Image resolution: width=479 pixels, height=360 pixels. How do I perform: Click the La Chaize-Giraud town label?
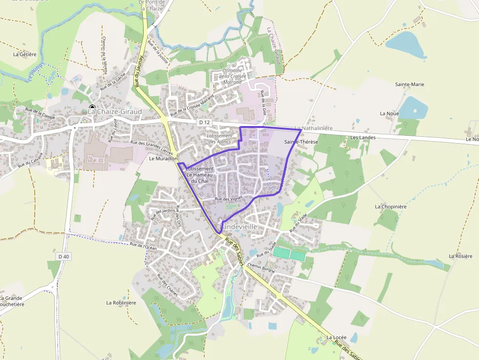click(x=115, y=111)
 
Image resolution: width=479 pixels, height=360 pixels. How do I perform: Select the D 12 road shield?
click(x=204, y=122)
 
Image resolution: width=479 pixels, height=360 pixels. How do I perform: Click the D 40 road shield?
click(x=64, y=256)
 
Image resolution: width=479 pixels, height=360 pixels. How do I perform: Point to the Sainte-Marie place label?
click(x=410, y=85)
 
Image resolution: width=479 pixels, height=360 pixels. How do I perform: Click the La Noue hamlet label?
click(x=389, y=113)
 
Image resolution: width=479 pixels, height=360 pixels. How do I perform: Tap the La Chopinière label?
click(x=391, y=207)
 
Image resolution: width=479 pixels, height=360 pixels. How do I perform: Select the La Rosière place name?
click(x=460, y=256)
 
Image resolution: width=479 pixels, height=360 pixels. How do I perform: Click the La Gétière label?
click(x=25, y=54)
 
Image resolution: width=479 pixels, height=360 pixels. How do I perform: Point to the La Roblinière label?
click(x=121, y=303)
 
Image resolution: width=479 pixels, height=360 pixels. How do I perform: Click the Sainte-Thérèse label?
click(x=301, y=142)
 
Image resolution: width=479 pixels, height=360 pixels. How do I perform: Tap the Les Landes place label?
click(x=362, y=137)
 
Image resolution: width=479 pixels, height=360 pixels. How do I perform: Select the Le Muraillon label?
click(x=162, y=159)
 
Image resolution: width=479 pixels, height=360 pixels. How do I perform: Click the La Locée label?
click(x=336, y=337)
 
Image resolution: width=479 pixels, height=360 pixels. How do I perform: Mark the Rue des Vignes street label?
click(x=229, y=199)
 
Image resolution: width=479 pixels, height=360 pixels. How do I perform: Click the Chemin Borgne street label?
click(x=261, y=267)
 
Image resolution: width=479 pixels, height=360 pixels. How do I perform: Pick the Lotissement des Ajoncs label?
click(x=220, y=139)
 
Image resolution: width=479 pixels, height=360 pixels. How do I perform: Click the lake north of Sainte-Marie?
click(x=406, y=44)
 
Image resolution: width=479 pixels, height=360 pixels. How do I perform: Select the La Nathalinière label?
click(x=313, y=128)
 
